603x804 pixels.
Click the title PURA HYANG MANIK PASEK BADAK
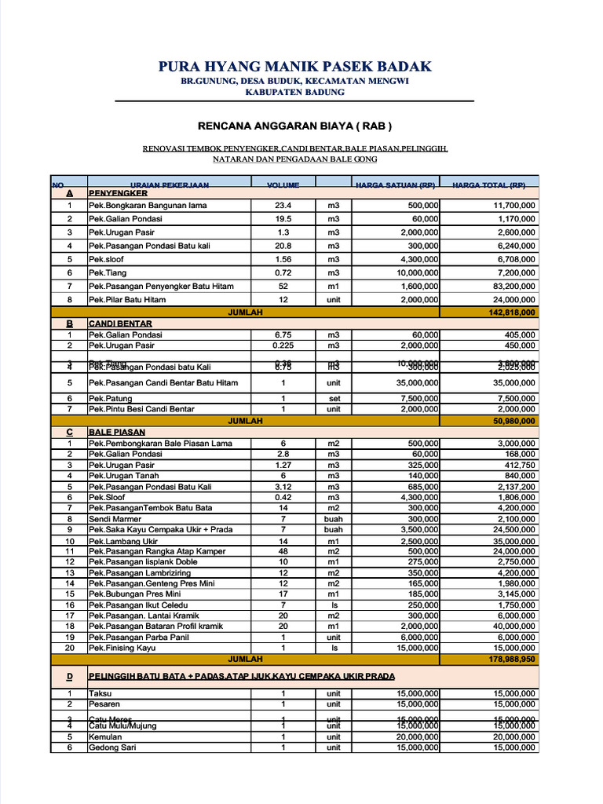pos(294,67)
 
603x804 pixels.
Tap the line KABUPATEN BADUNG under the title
pos(294,92)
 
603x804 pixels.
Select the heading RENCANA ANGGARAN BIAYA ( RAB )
pos(294,126)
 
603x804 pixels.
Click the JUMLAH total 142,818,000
pos(512,312)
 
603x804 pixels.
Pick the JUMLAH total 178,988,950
pos(512,660)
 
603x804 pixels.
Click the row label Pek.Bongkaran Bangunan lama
pos(148,205)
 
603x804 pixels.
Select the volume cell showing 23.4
pos(283,205)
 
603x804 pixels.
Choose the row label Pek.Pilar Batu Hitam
pos(127,299)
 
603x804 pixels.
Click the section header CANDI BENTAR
pos(120,323)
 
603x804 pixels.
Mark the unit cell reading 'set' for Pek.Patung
pos(334,398)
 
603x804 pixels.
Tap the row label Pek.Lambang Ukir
pos(123,541)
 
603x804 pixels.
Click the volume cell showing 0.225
pos(283,345)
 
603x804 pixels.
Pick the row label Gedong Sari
pos(112,747)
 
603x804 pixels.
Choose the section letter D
pos(70,676)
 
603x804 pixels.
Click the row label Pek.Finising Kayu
pos(122,649)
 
